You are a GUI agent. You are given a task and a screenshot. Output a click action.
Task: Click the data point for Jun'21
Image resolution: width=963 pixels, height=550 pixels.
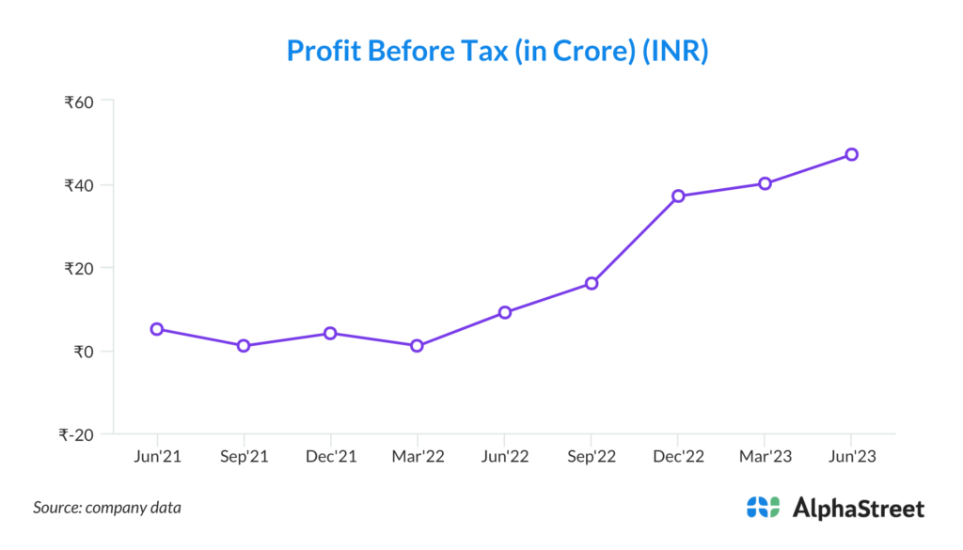pyautogui.click(x=157, y=329)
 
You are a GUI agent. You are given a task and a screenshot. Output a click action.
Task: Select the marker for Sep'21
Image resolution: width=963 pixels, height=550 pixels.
pyautogui.click(x=244, y=346)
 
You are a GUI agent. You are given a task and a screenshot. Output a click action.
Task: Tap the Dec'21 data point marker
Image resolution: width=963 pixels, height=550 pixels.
pyautogui.click(x=330, y=333)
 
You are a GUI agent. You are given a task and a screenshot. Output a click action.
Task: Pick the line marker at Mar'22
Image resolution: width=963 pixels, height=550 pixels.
pyautogui.click(x=417, y=346)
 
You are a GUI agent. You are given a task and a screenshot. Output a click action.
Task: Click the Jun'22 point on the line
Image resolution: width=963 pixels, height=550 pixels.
pyautogui.click(x=504, y=312)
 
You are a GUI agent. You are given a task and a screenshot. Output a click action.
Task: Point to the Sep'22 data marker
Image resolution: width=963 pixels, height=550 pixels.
pyautogui.click(x=592, y=283)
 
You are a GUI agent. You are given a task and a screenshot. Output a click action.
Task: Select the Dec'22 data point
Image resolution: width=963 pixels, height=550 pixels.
pyautogui.click(x=678, y=196)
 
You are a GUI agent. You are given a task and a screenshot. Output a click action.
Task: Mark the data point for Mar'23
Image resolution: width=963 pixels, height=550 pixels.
pyautogui.click(x=765, y=183)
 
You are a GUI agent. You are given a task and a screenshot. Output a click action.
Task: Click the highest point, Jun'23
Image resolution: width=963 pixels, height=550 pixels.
pyautogui.click(x=851, y=154)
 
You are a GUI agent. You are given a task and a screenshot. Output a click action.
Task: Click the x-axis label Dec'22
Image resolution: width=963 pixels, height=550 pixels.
pyautogui.click(x=678, y=457)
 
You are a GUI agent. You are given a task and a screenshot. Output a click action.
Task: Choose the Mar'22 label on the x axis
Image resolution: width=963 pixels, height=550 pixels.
pyautogui.click(x=417, y=457)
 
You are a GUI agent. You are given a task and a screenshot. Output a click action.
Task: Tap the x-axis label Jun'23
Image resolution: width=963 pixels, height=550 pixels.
pyautogui.click(x=851, y=457)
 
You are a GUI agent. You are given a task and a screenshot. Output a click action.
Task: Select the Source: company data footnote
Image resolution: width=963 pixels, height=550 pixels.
pyautogui.click(x=107, y=508)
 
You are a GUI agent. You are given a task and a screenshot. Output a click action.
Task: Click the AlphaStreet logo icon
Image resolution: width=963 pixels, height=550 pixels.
pyautogui.click(x=763, y=508)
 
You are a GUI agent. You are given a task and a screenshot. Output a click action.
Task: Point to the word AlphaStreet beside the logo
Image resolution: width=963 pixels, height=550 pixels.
pyautogui.click(x=859, y=509)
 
